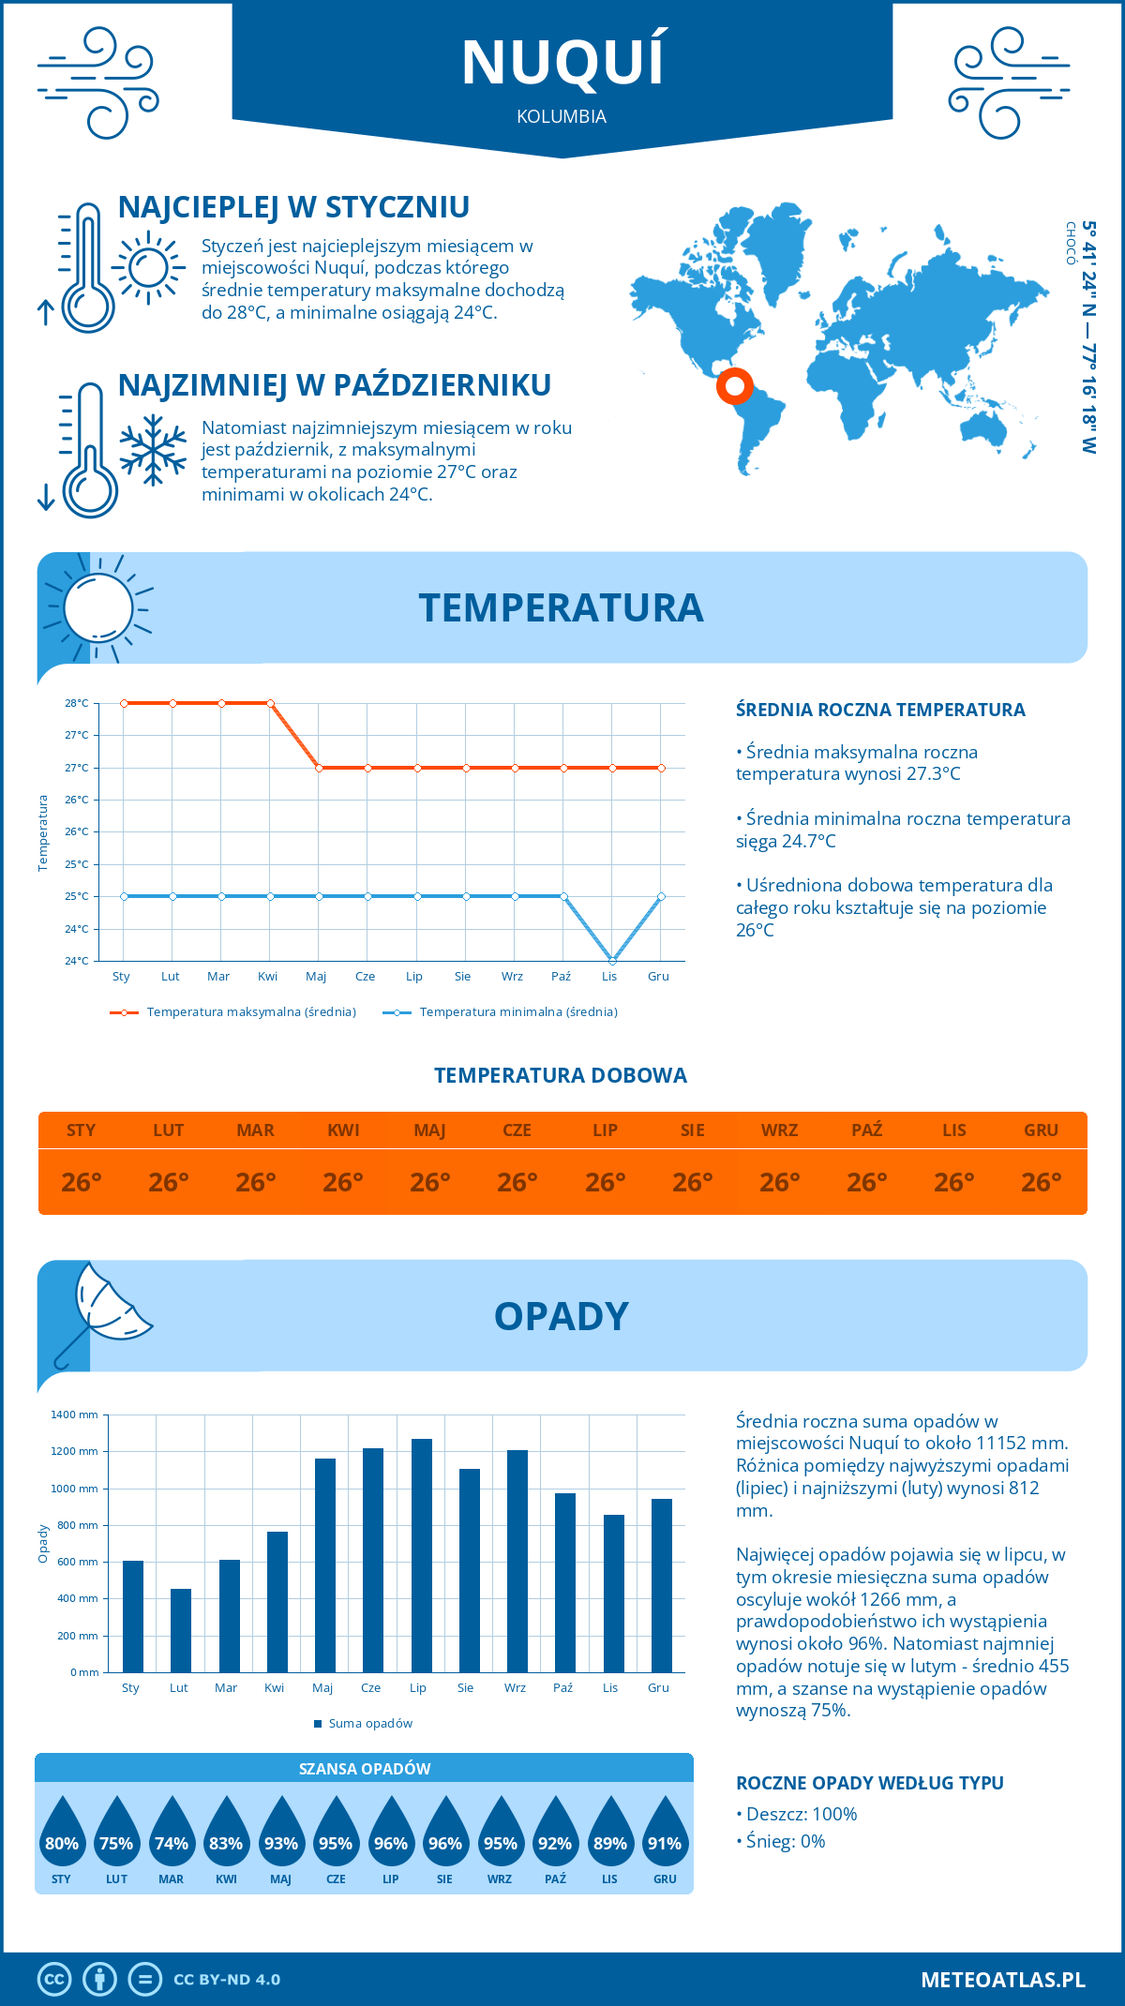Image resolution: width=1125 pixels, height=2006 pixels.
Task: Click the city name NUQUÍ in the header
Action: (x=562, y=63)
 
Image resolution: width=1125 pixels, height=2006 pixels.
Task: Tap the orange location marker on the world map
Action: (x=735, y=385)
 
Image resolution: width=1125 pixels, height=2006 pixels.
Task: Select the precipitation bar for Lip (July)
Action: (x=421, y=1555)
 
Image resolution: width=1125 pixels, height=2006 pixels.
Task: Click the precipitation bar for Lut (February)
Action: (x=181, y=1630)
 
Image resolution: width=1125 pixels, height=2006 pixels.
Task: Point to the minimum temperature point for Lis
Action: (x=612, y=961)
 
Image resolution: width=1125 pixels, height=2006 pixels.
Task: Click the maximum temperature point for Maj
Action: (x=319, y=768)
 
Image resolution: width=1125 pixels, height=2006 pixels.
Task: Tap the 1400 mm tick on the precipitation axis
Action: (x=74, y=1415)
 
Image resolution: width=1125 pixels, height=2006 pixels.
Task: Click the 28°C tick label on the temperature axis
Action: (x=77, y=703)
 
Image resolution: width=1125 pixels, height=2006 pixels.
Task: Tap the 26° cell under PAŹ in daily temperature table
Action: (x=866, y=1182)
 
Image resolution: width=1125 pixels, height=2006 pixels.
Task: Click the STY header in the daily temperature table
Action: (x=82, y=1130)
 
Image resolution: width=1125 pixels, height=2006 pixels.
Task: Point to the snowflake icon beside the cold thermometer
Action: (x=153, y=450)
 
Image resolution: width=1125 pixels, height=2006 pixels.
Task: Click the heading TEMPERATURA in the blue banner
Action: (x=561, y=607)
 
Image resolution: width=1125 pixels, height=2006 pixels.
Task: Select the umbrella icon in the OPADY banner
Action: (x=103, y=1312)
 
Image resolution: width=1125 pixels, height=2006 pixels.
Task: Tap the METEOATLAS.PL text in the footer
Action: (x=1002, y=1980)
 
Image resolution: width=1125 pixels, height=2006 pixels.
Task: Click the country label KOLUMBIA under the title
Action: (x=562, y=116)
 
